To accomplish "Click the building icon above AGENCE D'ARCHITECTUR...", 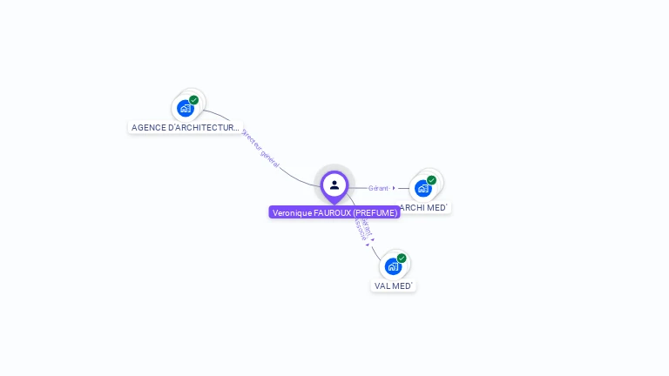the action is coord(185,108).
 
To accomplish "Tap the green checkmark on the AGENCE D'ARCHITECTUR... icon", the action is coord(193,100).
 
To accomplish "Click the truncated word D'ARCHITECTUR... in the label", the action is coord(203,128).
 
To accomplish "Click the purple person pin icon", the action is coord(334,185).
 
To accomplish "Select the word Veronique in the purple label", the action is coord(293,212).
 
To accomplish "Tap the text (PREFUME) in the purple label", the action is coord(375,212).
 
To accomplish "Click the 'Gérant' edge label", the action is coord(378,188).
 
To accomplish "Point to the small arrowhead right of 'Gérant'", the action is coord(394,188).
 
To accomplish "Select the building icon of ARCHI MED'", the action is coord(422,188).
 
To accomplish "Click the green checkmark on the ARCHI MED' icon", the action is coord(431,180).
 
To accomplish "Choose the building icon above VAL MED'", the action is coord(392,266).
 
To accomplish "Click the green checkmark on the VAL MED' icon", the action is coord(402,258).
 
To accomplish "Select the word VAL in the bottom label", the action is coord(382,286).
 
